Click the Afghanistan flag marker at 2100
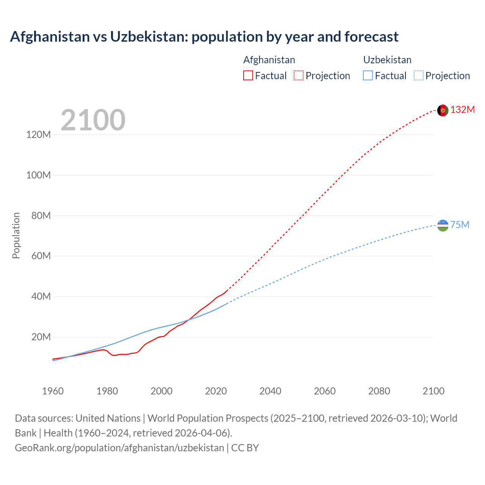tap(443, 110)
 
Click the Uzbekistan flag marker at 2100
tap(443, 225)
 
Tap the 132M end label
tap(462, 110)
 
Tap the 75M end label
tap(460, 225)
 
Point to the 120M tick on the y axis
tap(38, 135)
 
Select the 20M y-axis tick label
tap(41, 337)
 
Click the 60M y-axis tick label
tap(41, 256)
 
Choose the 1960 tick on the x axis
tap(53, 391)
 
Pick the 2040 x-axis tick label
tap(270, 391)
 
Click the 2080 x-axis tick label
tap(379, 391)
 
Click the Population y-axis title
tap(16, 235)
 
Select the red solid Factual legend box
tap(248, 75)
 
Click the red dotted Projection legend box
tap(299, 75)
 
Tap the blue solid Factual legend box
tap(368, 75)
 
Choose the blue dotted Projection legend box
tap(418, 75)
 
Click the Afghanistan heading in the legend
tap(269, 60)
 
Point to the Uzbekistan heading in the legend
tap(387, 60)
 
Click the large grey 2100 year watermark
tap(93, 120)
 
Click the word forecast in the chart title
tap(371, 37)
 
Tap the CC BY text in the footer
tap(245, 447)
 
